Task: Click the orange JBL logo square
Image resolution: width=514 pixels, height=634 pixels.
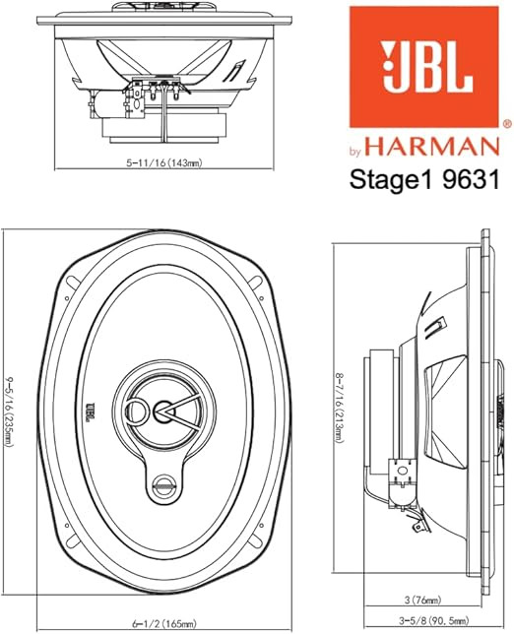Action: click(x=424, y=67)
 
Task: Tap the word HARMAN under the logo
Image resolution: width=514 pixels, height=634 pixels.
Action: click(x=432, y=147)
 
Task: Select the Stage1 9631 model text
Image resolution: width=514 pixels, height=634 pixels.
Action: click(x=424, y=179)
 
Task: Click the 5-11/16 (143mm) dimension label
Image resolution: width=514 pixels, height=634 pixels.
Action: click(x=164, y=163)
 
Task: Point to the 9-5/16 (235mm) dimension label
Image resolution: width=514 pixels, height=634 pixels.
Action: click(x=9, y=412)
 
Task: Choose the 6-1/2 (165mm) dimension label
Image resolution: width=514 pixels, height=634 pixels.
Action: click(x=164, y=624)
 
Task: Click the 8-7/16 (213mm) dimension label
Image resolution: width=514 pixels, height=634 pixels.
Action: click(x=340, y=409)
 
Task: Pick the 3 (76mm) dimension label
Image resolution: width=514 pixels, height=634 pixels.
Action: click(x=423, y=601)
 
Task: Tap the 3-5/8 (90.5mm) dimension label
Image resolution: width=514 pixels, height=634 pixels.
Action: click(x=434, y=620)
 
